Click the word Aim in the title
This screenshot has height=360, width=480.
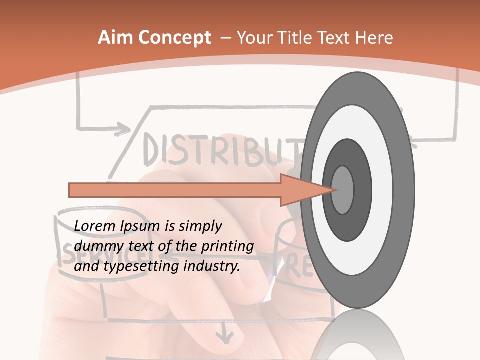click(x=116, y=38)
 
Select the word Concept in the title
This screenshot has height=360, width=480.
click(x=174, y=38)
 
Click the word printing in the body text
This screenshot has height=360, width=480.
click(x=227, y=247)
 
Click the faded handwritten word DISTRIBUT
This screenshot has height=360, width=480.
click(x=220, y=150)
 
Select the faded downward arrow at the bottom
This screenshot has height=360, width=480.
click(x=229, y=333)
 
